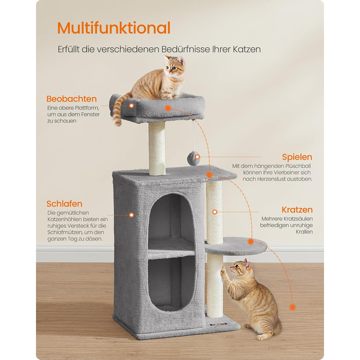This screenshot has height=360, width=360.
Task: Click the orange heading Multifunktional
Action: [114, 28]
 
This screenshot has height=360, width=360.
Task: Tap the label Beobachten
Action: [71, 99]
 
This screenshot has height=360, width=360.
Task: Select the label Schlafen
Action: [64, 204]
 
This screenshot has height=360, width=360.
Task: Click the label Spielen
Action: [297, 157]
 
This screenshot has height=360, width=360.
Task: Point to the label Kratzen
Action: [297, 210]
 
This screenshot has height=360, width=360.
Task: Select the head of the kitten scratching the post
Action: [240, 267]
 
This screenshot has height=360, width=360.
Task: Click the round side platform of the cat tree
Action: [236, 246]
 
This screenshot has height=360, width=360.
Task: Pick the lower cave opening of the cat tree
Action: [171, 283]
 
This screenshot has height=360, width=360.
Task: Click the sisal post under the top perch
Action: [157, 148]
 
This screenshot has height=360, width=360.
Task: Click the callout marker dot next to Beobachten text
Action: [132, 105]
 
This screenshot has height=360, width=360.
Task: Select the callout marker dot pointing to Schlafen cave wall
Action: [132, 215]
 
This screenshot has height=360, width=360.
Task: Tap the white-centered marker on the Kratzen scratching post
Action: [214, 212]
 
